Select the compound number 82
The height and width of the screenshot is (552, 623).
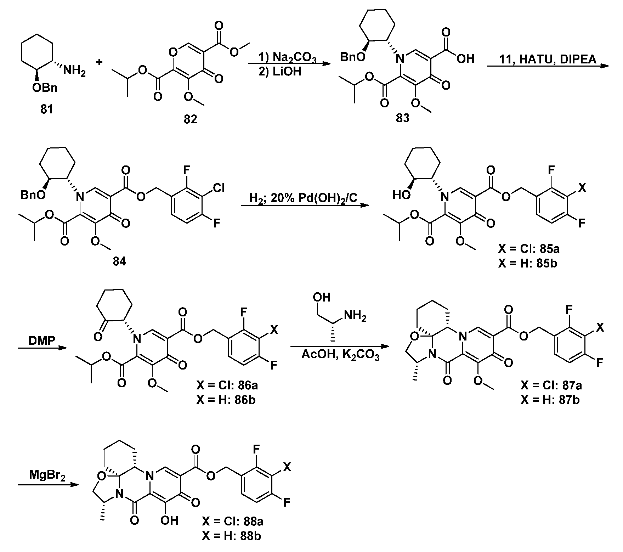coord(190,119)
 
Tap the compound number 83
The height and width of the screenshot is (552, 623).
coord(402,118)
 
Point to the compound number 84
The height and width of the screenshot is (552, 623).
coord(119,262)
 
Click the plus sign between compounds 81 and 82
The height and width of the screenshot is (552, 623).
coord(100,62)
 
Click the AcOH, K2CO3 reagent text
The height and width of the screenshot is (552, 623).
coord(341,355)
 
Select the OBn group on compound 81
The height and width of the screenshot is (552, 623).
coord(45,88)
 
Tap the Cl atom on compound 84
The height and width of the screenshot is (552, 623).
coord(219,187)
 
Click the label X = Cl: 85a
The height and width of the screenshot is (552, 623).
coord(528,249)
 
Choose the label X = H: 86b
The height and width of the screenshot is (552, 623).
coord(225,400)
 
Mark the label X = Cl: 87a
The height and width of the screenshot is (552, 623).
coord(552,385)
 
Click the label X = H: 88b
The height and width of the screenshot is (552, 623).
coord(232,536)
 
